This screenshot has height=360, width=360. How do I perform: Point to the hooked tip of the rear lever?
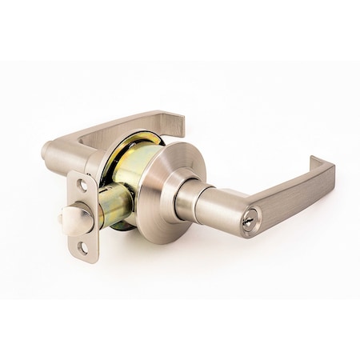pos(178,122)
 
